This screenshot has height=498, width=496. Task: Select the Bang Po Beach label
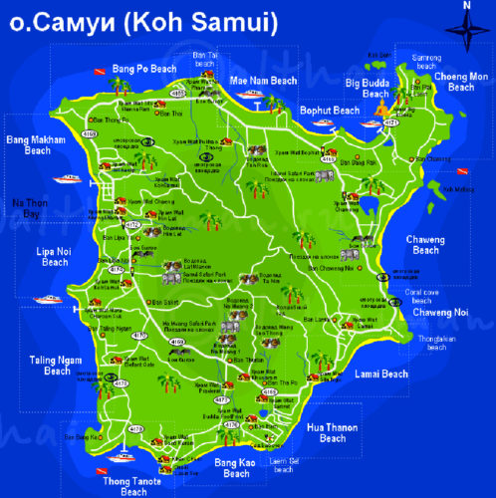pos(144,68)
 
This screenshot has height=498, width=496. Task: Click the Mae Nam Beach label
pos(263,80)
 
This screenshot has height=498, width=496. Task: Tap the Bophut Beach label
pos(329,111)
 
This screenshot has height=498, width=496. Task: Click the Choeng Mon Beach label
pos(461,82)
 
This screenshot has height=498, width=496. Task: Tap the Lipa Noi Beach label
pos(52,256)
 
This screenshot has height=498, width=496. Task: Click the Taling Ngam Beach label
pos(44,366)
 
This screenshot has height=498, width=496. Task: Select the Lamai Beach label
pos(380,374)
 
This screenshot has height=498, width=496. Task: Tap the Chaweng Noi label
pos(440,313)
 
